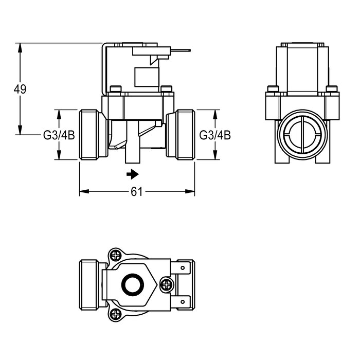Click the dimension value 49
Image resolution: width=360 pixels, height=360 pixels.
pyautogui.click(x=20, y=89)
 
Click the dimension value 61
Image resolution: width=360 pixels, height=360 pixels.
pyautogui.click(x=137, y=191)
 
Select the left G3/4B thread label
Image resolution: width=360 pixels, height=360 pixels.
pyautogui.click(x=59, y=135)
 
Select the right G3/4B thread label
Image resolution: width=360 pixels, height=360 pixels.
pyautogui.click(x=215, y=135)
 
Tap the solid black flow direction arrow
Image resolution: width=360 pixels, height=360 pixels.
pyautogui.click(x=133, y=174)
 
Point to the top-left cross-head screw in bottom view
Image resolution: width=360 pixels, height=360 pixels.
pyautogui.click(x=116, y=255)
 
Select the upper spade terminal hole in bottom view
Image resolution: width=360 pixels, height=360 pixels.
pyautogui.click(x=183, y=268)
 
